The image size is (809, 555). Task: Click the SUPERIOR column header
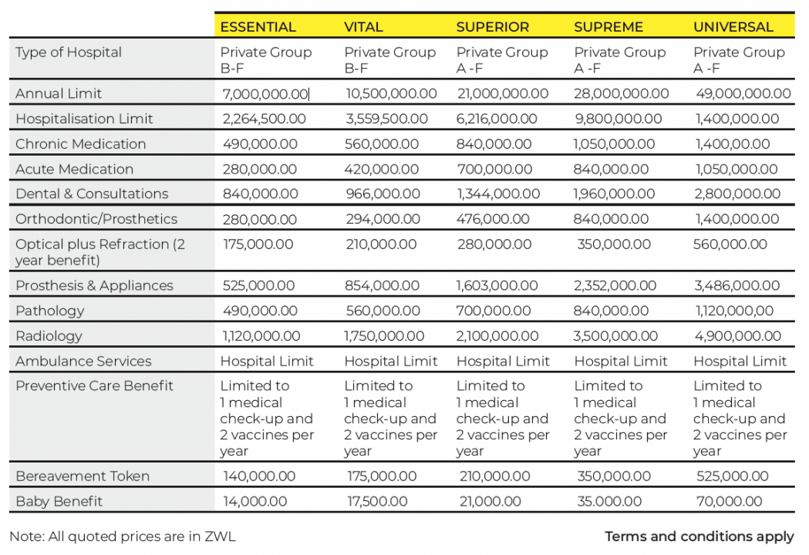pyautogui.click(x=492, y=27)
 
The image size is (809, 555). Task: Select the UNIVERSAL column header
pyautogui.click(x=733, y=27)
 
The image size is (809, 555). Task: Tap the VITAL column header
pyautogui.click(x=363, y=27)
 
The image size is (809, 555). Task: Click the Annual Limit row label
pyautogui.click(x=59, y=93)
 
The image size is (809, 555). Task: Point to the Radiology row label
pyautogui.click(x=49, y=336)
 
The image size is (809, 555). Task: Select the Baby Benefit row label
pyautogui.click(x=59, y=501)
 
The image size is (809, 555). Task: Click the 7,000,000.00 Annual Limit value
pyautogui.click(x=265, y=94)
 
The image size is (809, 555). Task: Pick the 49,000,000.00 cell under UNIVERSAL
pyautogui.click(x=742, y=94)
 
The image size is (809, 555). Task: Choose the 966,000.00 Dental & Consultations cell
pyautogui.click(x=382, y=194)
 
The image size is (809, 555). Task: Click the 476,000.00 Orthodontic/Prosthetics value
pyautogui.click(x=493, y=220)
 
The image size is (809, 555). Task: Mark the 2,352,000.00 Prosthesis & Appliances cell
pyautogui.click(x=615, y=286)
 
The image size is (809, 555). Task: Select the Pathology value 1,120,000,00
pyautogui.click(x=733, y=311)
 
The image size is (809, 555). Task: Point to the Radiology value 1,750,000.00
pyautogui.click(x=384, y=337)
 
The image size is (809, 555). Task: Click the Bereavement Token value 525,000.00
pyautogui.click(x=732, y=476)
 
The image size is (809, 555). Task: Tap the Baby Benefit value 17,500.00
pyautogui.click(x=376, y=502)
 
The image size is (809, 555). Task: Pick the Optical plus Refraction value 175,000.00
pyautogui.click(x=258, y=244)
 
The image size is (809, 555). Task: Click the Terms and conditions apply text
pyautogui.click(x=699, y=536)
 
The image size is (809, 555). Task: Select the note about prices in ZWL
pyautogui.click(x=122, y=536)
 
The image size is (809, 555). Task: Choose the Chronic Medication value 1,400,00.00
pyautogui.click(x=732, y=144)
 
